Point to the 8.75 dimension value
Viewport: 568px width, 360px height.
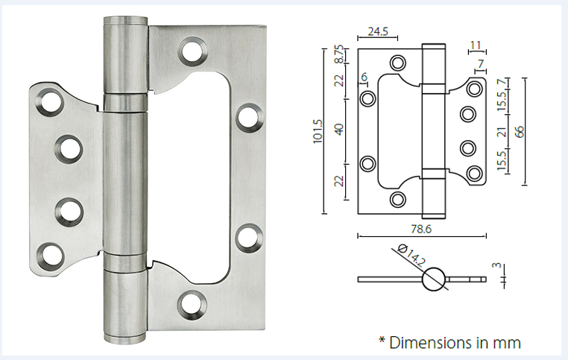340,55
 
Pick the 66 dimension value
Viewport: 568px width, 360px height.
520,130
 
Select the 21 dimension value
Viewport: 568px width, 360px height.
502,133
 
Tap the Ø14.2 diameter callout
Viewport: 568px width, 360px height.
411,258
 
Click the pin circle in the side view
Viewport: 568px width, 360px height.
435,280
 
